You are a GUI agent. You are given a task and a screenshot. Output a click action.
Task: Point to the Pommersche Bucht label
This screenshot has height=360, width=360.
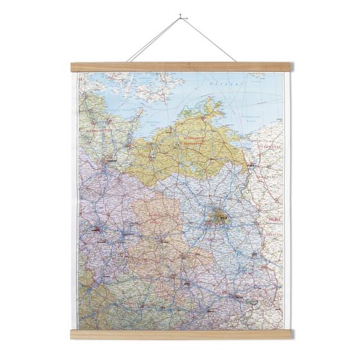(x=258, y=120)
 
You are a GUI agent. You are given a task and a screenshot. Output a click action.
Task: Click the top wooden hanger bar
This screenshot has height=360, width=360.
(x=180, y=66)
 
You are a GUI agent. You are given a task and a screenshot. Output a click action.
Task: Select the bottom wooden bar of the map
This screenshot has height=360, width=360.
(x=180, y=334)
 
